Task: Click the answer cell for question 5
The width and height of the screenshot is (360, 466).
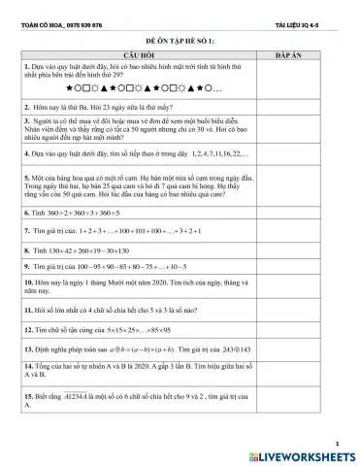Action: pos(306,186)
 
